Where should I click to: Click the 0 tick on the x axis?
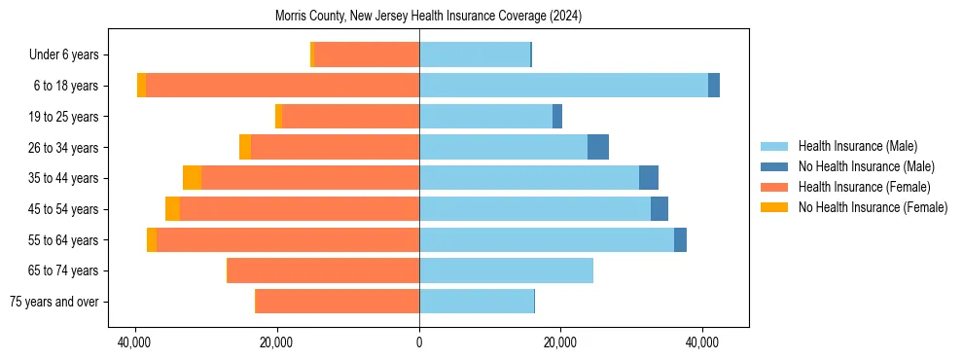coord(419,343)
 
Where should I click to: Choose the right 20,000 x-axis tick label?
coord(561,343)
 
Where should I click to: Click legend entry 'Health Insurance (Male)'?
coord(857,146)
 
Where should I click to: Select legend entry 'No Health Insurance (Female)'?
coord(873,207)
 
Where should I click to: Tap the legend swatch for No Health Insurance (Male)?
coord(776,166)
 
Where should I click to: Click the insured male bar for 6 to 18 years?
coord(563,86)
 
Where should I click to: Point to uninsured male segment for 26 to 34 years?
coord(598,147)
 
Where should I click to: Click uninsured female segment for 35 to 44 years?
coord(192,178)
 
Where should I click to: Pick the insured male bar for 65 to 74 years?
coord(506,270)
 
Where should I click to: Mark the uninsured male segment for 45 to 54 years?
coord(660,209)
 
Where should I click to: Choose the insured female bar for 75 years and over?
coord(338,302)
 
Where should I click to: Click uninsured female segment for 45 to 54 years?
coord(172,209)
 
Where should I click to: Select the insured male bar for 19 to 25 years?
coord(485,117)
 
